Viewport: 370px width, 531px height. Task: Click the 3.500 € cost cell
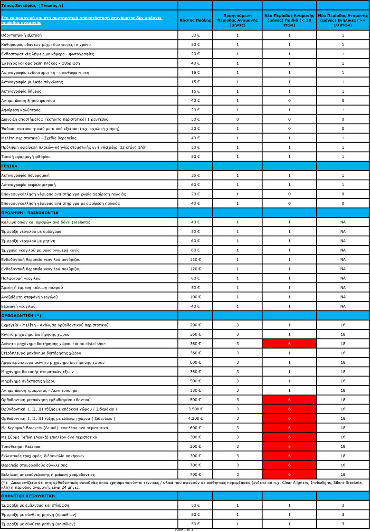click(195, 409)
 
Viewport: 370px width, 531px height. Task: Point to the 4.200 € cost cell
click(195, 418)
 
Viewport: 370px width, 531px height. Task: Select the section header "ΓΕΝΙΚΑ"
click(9, 166)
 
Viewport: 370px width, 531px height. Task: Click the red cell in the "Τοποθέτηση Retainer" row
click(289, 446)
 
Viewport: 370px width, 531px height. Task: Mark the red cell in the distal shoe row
click(289, 344)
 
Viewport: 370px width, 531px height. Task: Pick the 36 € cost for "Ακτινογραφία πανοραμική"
click(195, 175)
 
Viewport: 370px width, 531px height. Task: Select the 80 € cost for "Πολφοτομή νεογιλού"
click(195, 278)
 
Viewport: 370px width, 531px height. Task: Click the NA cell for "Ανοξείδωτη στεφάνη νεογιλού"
click(342, 297)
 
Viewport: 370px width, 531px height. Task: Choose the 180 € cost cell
click(195, 390)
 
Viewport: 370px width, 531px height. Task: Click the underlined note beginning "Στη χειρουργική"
click(82, 20)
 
